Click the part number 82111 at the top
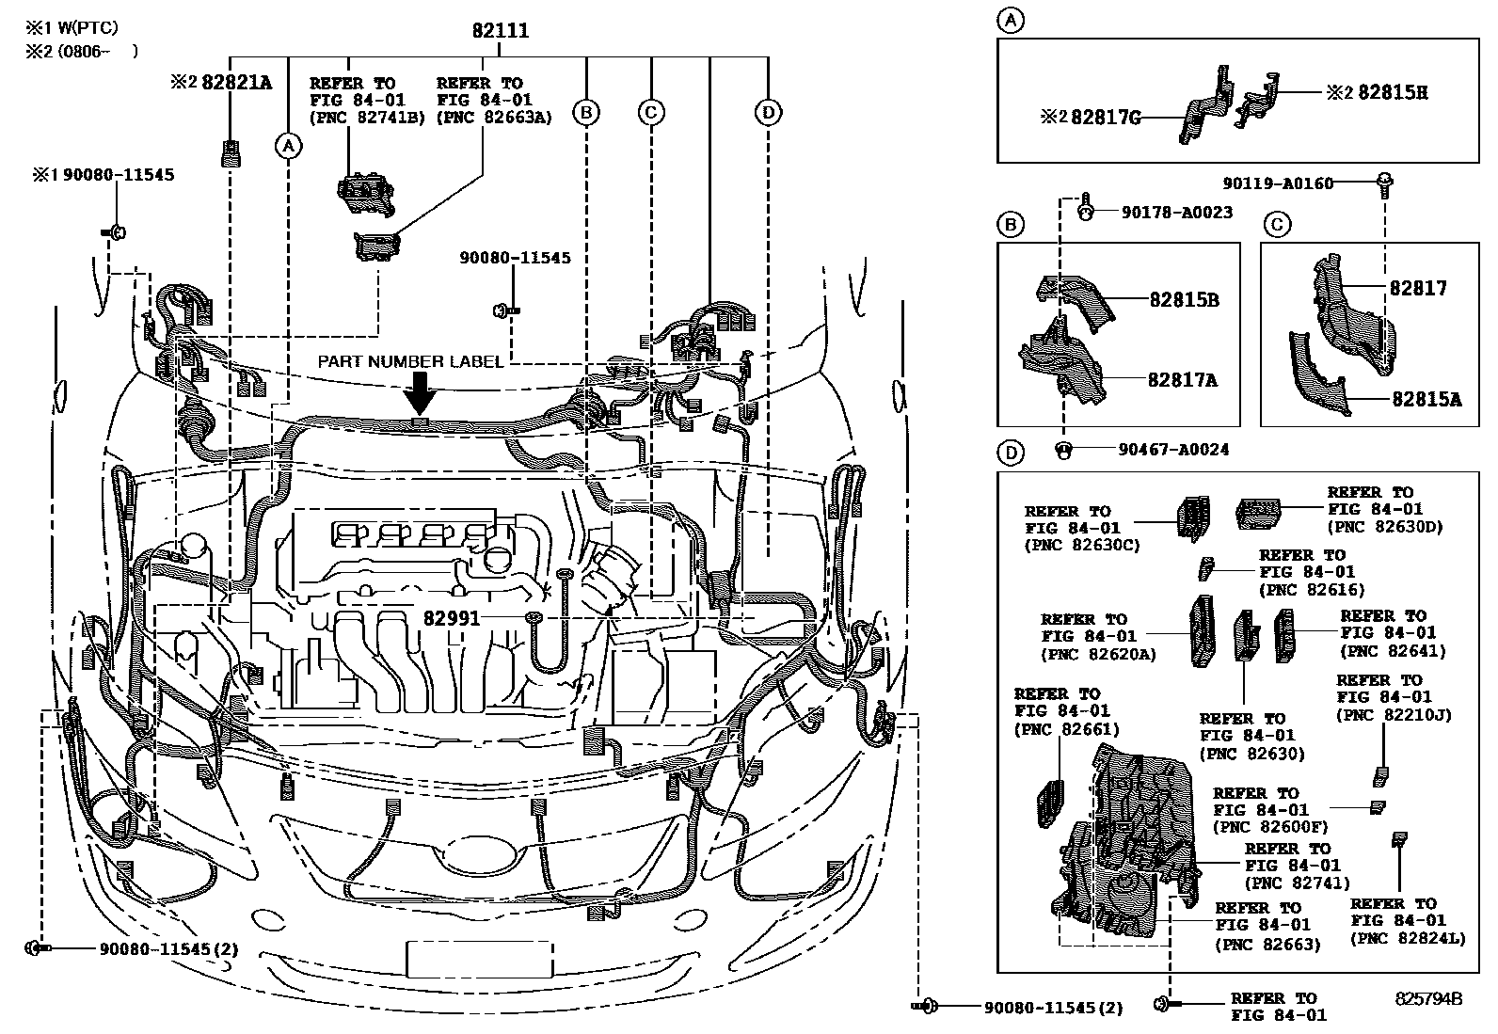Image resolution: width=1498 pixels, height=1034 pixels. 501,30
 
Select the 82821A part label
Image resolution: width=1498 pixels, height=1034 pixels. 237,82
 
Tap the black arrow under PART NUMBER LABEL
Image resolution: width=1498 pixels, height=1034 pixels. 420,394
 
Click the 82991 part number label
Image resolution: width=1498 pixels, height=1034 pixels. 452,618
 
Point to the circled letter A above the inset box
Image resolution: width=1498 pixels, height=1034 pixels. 1011,20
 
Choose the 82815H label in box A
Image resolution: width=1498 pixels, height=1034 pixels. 1393,92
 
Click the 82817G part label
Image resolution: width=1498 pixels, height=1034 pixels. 1107,118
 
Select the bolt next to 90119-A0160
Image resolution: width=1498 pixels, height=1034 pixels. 1385,185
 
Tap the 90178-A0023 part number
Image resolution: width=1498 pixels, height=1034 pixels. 1177,212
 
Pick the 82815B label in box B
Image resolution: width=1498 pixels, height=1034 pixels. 1185,299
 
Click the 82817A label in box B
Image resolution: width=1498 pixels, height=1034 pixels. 1183,380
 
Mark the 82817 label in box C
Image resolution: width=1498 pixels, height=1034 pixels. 1418,288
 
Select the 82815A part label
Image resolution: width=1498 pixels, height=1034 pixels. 1427,399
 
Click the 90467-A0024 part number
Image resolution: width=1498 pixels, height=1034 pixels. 1173,450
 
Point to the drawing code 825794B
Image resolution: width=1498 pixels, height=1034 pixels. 1428,998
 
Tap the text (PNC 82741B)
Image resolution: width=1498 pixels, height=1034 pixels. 367,118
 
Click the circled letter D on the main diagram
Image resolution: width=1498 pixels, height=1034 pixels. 768,112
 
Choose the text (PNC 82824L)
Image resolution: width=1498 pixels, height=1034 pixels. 1408,938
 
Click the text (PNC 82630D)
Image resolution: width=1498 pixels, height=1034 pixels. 1385,526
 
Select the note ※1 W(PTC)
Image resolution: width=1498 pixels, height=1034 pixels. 72,27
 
